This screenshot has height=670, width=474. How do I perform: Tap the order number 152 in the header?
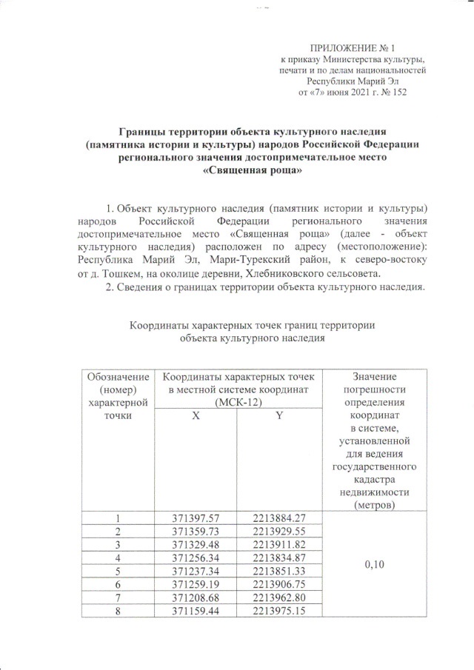point(395,93)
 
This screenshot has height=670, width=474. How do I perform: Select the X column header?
point(196,417)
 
